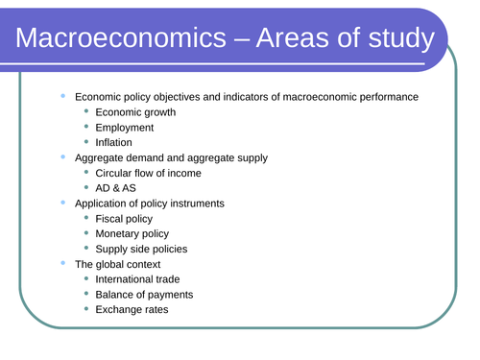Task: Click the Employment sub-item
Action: click(125, 128)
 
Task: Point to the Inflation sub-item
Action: click(115, 143)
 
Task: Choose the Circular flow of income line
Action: click(149, 173)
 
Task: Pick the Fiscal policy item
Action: click(124, 219)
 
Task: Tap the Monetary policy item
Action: click(132, 233)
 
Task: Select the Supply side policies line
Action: click(141, 249)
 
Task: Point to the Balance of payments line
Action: click(144, 294)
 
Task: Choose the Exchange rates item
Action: click(132, 309)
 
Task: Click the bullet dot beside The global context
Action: click(64, 263)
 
